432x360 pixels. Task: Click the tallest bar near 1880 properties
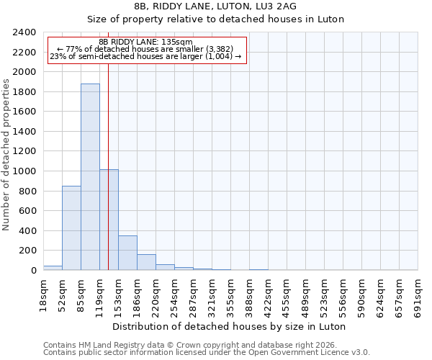point(90,177)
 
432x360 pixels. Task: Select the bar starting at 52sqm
point(71,228)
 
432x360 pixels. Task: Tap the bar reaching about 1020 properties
point(109,220)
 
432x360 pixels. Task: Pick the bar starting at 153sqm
point(127,253)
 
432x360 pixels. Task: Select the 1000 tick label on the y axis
point(24,171)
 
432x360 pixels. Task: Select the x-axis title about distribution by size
point(230,326)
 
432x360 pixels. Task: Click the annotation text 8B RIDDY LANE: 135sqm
point(145,42)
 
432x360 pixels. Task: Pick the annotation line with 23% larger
point(145,56)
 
